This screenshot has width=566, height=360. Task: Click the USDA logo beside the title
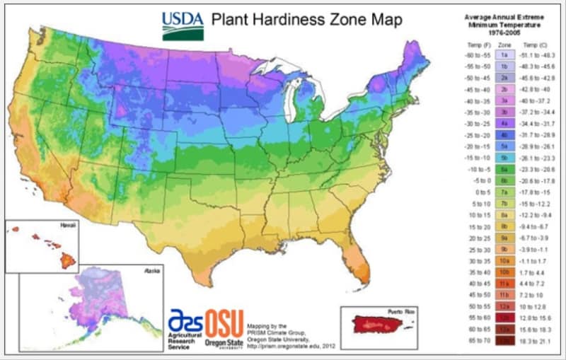coord(183,25)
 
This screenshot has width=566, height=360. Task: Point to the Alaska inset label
coord(151,271)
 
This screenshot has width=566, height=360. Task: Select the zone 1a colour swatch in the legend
coord(504,54)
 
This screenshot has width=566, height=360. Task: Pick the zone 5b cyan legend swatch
coord(504,158)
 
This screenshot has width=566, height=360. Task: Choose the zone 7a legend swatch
coord(504,192)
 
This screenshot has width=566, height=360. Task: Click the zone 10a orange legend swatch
coord(504,261)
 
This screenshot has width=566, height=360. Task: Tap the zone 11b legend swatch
coord(504,296)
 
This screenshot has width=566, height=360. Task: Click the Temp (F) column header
coord(470,43)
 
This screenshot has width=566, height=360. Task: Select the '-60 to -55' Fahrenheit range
coord(470,54)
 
